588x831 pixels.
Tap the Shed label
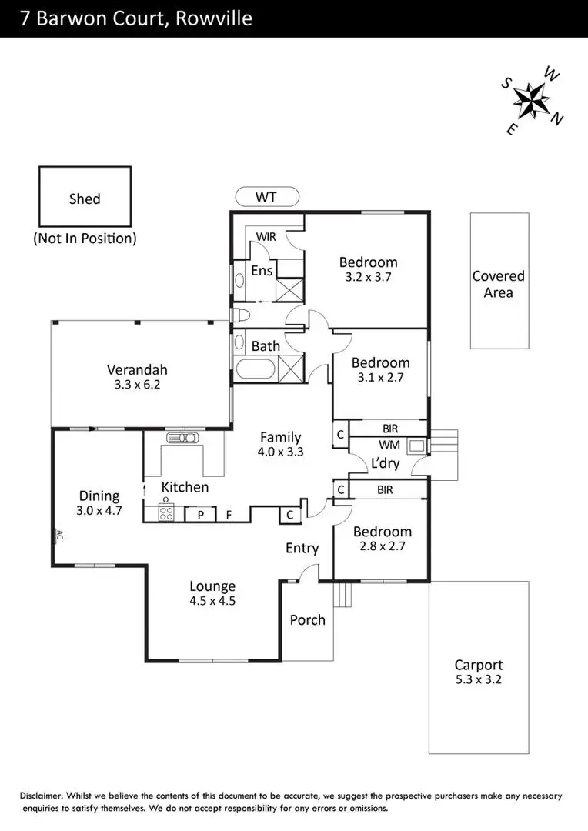[85, 199]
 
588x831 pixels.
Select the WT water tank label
[266, 198]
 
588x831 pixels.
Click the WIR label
[266, 237]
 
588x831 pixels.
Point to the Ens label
[262, 271]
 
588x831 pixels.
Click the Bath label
[266, 346]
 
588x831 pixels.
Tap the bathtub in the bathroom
[257, 368]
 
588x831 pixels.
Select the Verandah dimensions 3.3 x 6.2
[137, 384]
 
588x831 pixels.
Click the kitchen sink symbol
[182, 438]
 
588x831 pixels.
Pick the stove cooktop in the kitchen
[166, 512]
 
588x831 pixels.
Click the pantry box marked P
[200, 514]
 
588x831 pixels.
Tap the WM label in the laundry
[389, 445]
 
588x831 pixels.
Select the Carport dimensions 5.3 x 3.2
[479, 679]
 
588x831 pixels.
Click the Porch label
[307, 620]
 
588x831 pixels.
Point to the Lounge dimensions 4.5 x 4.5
[212, 601]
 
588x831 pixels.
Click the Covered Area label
[499, 284]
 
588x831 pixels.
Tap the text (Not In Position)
[85, 239]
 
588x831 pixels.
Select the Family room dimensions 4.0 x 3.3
[281, 452]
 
